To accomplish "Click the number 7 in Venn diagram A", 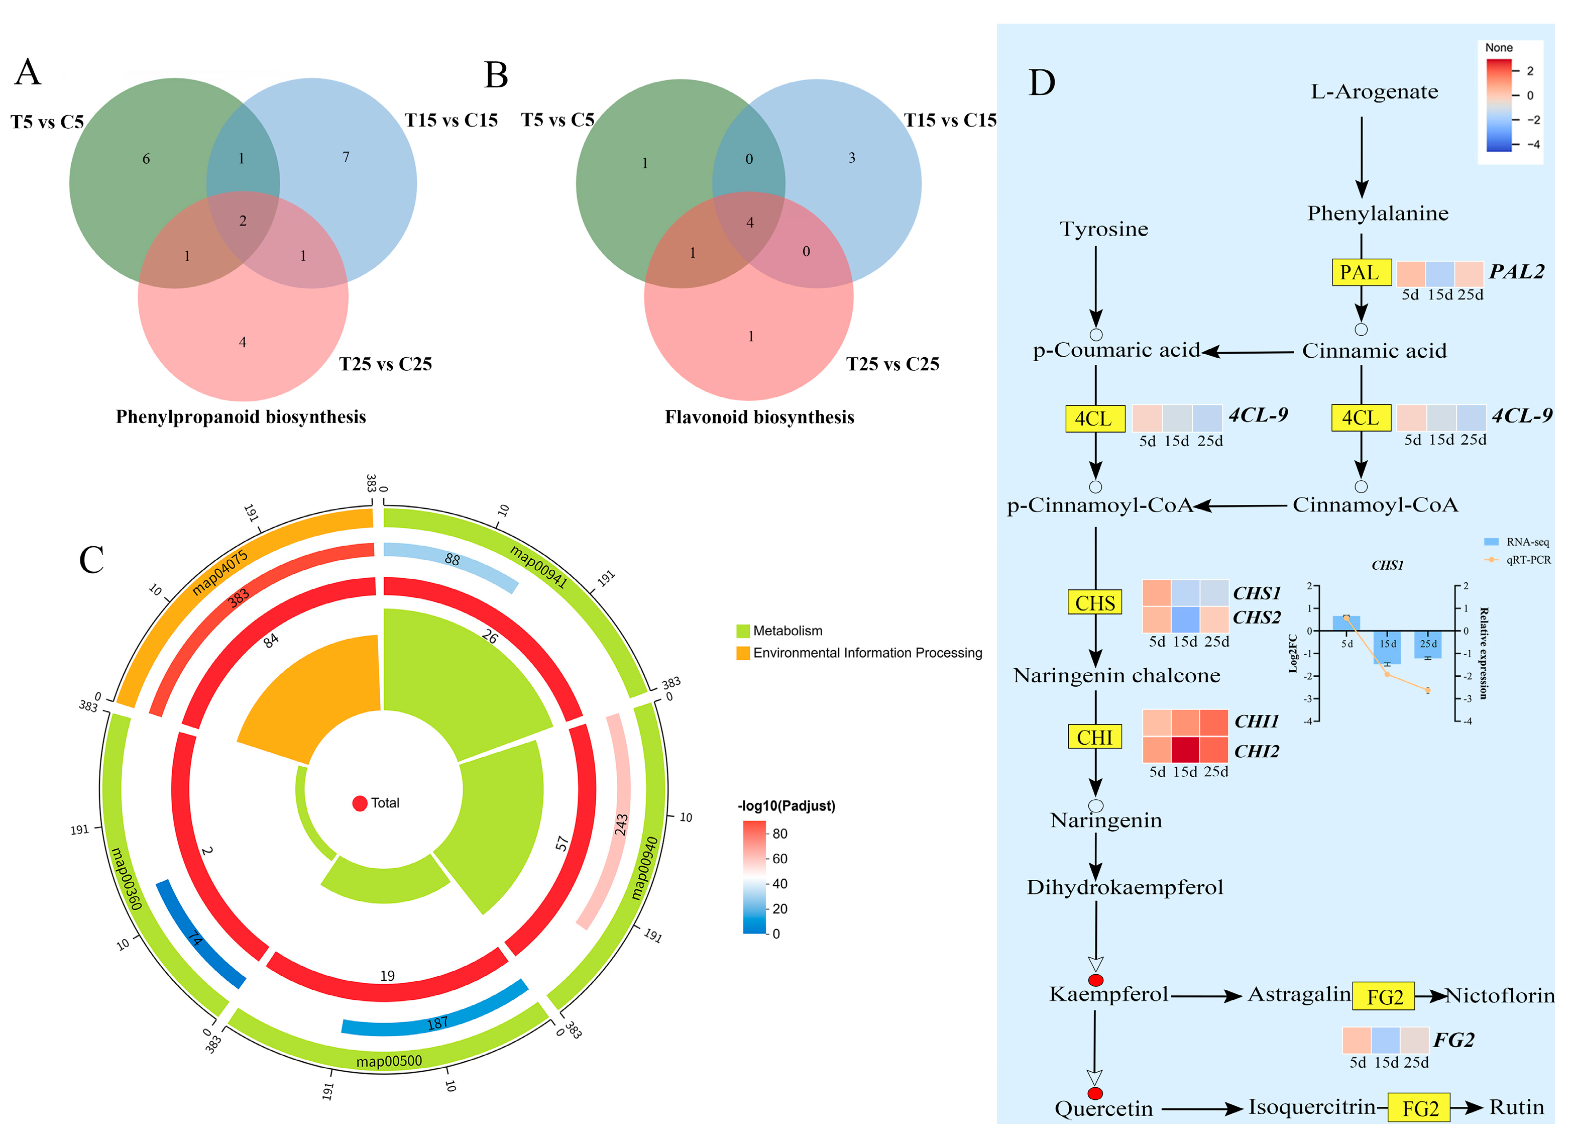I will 346,157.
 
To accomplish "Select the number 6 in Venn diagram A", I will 146,159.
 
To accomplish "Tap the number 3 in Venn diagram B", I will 851,158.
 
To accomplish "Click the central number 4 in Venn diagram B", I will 749,223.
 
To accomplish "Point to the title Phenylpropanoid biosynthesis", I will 241,417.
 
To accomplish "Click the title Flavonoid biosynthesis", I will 759,417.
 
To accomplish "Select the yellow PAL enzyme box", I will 1361,272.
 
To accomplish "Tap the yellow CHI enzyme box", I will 1094,737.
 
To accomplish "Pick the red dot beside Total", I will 360,803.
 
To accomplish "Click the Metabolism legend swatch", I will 743,631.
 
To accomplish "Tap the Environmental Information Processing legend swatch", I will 743,653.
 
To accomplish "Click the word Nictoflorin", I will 1500,996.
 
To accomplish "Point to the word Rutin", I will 1516,1107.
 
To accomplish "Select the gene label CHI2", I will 1257,751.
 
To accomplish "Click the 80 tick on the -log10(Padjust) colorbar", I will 779,834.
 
